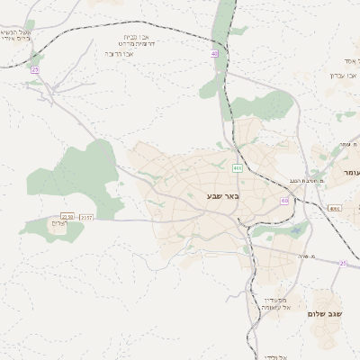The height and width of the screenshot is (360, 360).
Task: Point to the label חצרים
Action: [x=58, y=224]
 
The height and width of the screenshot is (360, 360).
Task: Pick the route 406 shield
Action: [x=237, y=168]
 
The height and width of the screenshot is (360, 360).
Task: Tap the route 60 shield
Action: [x=284, y=201]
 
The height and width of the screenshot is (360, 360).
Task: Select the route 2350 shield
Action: [x=67, y=217]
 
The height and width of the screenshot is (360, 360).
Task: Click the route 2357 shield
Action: [x=86, y=217]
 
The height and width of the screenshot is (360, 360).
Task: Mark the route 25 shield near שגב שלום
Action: [x=343, y=263]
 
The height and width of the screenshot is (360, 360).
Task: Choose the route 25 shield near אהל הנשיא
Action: [x=35, y=69]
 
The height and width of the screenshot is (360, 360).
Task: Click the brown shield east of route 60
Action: [x=334, y=208]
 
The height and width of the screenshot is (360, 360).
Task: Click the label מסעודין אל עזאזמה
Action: [x=276, y=304]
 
